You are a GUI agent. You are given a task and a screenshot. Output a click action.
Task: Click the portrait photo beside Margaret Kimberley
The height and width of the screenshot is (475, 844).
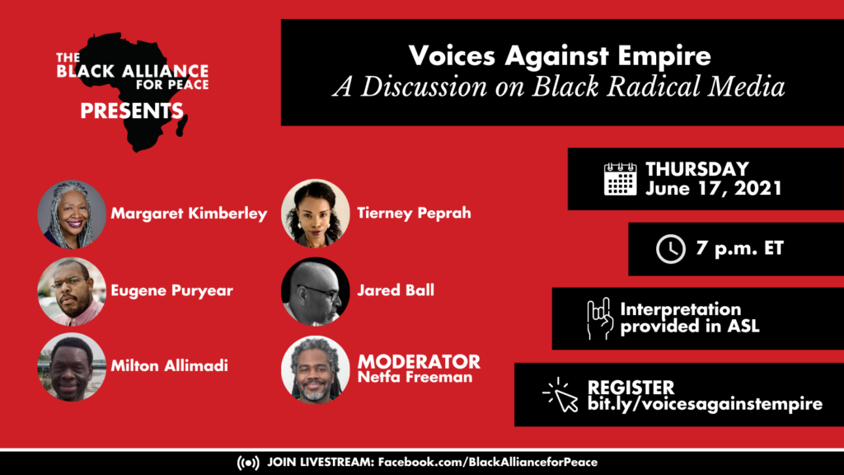coord(72,214)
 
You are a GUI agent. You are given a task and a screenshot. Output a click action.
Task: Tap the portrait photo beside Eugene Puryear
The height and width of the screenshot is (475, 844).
coord(72,291)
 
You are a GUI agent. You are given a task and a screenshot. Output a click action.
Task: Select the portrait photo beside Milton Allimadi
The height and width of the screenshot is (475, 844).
coord(72,367)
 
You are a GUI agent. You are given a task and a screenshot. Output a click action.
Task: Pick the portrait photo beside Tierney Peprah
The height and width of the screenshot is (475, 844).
coord(316,214)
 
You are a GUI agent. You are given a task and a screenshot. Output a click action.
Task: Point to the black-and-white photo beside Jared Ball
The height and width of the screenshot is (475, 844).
coord(316,291)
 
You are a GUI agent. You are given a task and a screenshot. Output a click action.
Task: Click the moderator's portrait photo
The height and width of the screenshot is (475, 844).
coord(316,369)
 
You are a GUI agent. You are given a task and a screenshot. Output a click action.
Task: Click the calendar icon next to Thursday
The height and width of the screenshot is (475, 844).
coord(620,179)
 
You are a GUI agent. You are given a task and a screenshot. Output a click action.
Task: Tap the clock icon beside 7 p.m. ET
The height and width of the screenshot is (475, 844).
coord(671,249)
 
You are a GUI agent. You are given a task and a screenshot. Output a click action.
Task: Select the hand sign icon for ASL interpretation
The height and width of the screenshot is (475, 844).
coord(600,318)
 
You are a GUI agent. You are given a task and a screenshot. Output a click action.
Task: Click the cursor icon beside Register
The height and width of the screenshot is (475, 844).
coord(560,395)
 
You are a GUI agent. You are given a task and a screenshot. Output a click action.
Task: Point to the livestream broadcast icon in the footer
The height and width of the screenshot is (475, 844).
coord(248,463)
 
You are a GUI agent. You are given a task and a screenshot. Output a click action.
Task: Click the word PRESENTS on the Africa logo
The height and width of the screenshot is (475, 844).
coord(132,111)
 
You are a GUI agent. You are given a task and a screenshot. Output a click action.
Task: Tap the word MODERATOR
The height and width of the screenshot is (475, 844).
coord(419,361)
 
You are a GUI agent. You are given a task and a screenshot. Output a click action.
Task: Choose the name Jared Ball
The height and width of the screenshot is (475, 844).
coord(396,290)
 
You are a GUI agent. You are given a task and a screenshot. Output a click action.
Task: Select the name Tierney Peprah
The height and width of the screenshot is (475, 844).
coord(414,214)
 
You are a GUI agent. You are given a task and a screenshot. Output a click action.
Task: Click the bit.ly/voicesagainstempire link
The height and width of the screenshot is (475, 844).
coord(706,404)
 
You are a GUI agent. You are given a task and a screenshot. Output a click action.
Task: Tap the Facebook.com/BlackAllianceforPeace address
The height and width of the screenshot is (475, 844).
coord(488,462)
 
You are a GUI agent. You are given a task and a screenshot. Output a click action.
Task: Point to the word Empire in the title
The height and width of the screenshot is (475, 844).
coord(664,56)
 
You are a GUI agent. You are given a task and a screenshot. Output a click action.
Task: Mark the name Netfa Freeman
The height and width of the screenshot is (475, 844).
coord(415,377)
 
